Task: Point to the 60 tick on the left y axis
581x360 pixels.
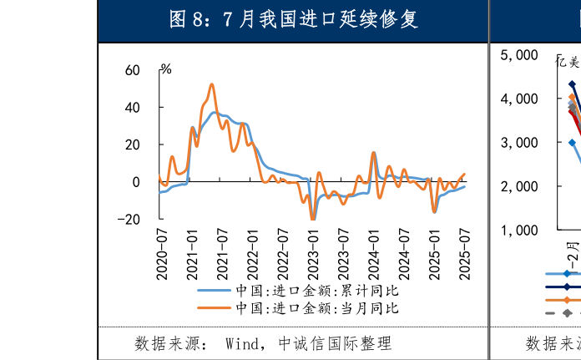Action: tap(132, 70)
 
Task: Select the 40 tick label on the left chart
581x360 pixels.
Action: tap(132, 108)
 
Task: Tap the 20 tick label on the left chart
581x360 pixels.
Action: tap(132, 145)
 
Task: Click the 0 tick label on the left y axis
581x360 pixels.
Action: tap(136, 182)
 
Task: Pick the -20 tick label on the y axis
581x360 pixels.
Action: tap(129, 219)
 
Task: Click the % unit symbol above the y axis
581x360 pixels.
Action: tap(166, 69)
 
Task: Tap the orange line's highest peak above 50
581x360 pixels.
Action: tap(211, 84)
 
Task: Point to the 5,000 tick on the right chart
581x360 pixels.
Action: tap(519, 55)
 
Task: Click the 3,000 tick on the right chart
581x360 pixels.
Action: tap(519, 143)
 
